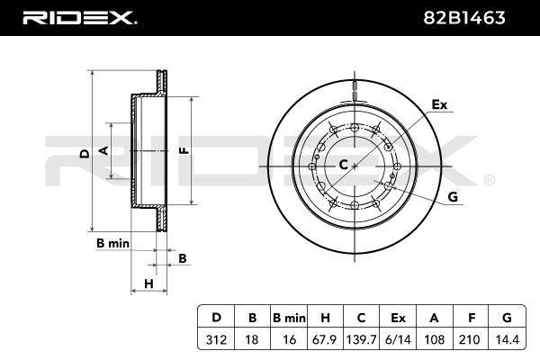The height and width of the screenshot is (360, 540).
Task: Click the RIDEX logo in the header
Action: coord(80,18)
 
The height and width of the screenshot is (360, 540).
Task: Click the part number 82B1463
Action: coord(464,18)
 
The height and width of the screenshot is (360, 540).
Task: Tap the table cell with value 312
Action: coord(216,339)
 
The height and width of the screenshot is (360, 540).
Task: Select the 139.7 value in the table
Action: coord(361,339)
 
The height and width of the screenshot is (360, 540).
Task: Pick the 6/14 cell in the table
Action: coord(398,339)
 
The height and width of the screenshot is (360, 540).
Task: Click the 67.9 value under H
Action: coord(324,339)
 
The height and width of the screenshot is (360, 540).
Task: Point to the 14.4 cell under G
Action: coord(507,339)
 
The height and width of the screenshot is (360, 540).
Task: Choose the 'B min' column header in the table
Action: coord(289,318)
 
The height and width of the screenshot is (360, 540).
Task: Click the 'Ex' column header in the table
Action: coord(398,318)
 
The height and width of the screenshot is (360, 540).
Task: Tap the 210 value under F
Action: coord(470,339)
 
